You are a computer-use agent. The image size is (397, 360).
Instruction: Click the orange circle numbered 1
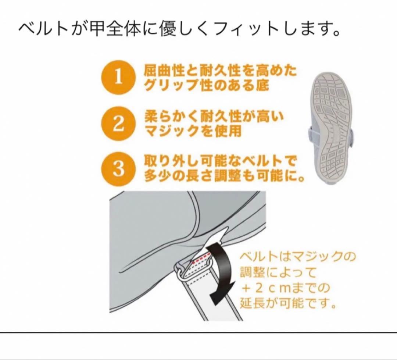118,78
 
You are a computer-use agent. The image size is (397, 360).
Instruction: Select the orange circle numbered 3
118,170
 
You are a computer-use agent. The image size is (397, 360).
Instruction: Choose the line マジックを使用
193,132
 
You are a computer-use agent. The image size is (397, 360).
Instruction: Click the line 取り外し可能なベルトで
220,162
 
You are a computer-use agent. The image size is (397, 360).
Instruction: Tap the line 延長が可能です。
289,304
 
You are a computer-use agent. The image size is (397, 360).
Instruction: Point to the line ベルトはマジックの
297,256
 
